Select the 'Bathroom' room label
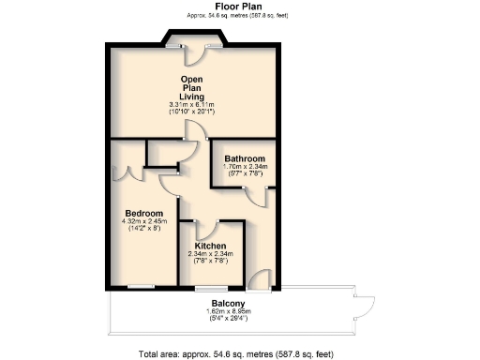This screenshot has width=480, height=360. pos(245,158)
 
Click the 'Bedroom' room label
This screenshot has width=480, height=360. pos(144,214)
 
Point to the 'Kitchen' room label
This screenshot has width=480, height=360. pos(210,246)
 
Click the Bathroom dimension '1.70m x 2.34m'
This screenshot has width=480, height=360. pos(245,167)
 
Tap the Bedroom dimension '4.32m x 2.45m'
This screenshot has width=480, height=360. pos(144,222)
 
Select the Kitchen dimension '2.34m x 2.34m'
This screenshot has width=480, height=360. pos(210,254)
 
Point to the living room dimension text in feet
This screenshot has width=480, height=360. pos(192,112)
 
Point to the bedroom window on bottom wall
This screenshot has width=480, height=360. pos(142,285)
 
